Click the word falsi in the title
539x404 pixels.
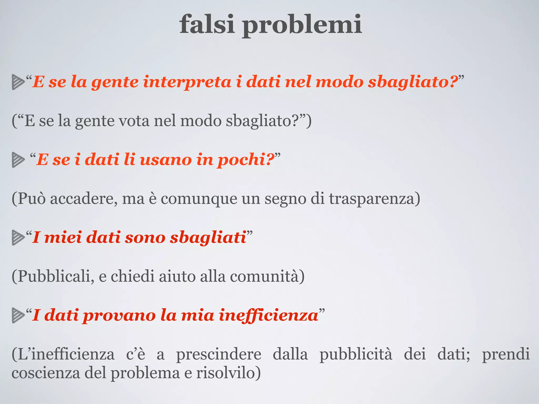pos(207,24)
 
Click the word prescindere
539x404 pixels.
pos(218,354)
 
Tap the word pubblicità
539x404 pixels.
pos(356,354)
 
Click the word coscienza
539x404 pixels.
pos(46,373)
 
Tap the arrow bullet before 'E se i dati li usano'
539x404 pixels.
pos(18,160)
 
